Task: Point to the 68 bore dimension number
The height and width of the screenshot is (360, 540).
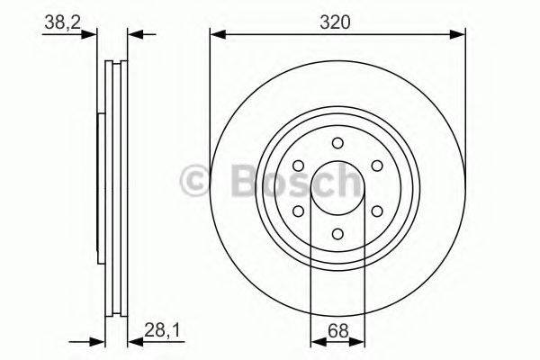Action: click(x=337, y=332)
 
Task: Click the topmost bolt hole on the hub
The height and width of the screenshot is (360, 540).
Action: click(x=337, y=142)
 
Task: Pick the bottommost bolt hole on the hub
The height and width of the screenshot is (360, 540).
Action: click(x=337, y=233)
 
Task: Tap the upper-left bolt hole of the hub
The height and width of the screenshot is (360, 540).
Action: click(x=298, y=166)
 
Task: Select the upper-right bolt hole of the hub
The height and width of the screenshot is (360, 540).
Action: click(x=377, y=166)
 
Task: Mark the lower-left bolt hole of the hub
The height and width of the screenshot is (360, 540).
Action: click(x=298, y=211)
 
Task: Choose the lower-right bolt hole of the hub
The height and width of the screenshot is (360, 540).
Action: click(x=377, y=211)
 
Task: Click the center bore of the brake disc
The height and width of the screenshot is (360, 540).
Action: click(x=337, y=188)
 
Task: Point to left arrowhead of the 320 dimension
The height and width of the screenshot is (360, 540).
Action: click(x=217, y=35)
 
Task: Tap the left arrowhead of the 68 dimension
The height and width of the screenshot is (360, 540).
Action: click(x=316, y=342)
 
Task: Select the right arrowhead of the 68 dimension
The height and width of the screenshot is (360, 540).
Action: click(x=359, y=342)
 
